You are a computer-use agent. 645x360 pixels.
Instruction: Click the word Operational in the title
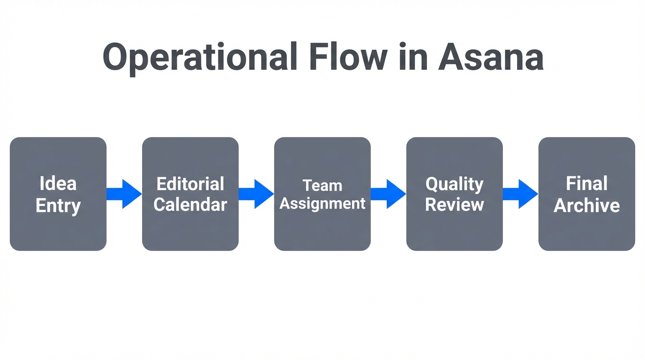tap(200, 58)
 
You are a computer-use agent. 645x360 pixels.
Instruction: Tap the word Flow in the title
tap(347, 57)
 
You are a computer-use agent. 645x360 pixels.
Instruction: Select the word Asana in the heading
tap(491, 57)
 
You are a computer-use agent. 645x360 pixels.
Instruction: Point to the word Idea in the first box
tap(58, 183)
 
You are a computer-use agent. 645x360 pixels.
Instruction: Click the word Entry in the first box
tap(58, 206)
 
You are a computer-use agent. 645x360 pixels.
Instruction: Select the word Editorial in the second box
tap(190, 183)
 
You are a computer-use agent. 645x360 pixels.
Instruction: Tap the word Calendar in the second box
tap(190, 205)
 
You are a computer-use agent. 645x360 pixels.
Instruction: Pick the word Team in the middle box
tap(322, 185)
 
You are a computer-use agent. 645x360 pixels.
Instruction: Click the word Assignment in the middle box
tap(322, 203)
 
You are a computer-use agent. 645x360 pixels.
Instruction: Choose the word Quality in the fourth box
tap(454, 184)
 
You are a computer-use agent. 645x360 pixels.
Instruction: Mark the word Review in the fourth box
tap(454, 205)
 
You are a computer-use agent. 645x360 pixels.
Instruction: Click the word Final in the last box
tap(586, 183)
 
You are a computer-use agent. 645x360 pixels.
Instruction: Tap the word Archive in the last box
tap(586, 205)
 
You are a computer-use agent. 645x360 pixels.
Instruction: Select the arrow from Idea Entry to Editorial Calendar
tap(124, 194)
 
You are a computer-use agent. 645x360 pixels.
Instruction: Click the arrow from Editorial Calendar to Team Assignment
tap(256, 194)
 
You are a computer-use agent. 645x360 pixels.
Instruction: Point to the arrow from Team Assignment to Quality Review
tap(389, 194)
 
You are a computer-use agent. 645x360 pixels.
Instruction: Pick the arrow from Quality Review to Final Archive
tap(521, 194)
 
